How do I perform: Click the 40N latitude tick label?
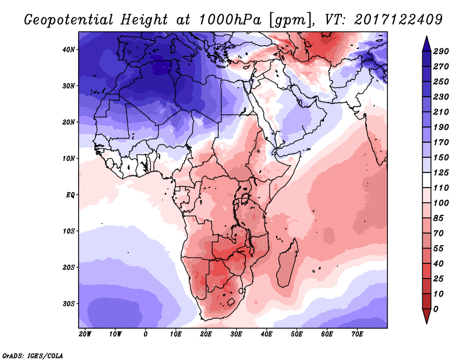click(x=69, y=49)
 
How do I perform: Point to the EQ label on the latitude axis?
click(x=70, y=195)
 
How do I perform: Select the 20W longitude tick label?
click(x=85, y=334)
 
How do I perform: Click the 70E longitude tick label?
click(x=358, y=334)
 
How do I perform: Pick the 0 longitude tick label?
click(x=146, y=334)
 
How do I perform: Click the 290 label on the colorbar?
click(x=440, y=52)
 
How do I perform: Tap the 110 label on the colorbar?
click(x=440, y=188)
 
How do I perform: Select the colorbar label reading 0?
click(x=435, y=308)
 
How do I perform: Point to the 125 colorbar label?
click(x=440, y=173)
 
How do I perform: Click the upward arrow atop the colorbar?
click(x=426, y=43)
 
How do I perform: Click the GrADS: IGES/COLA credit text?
click(x=33, y=355)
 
